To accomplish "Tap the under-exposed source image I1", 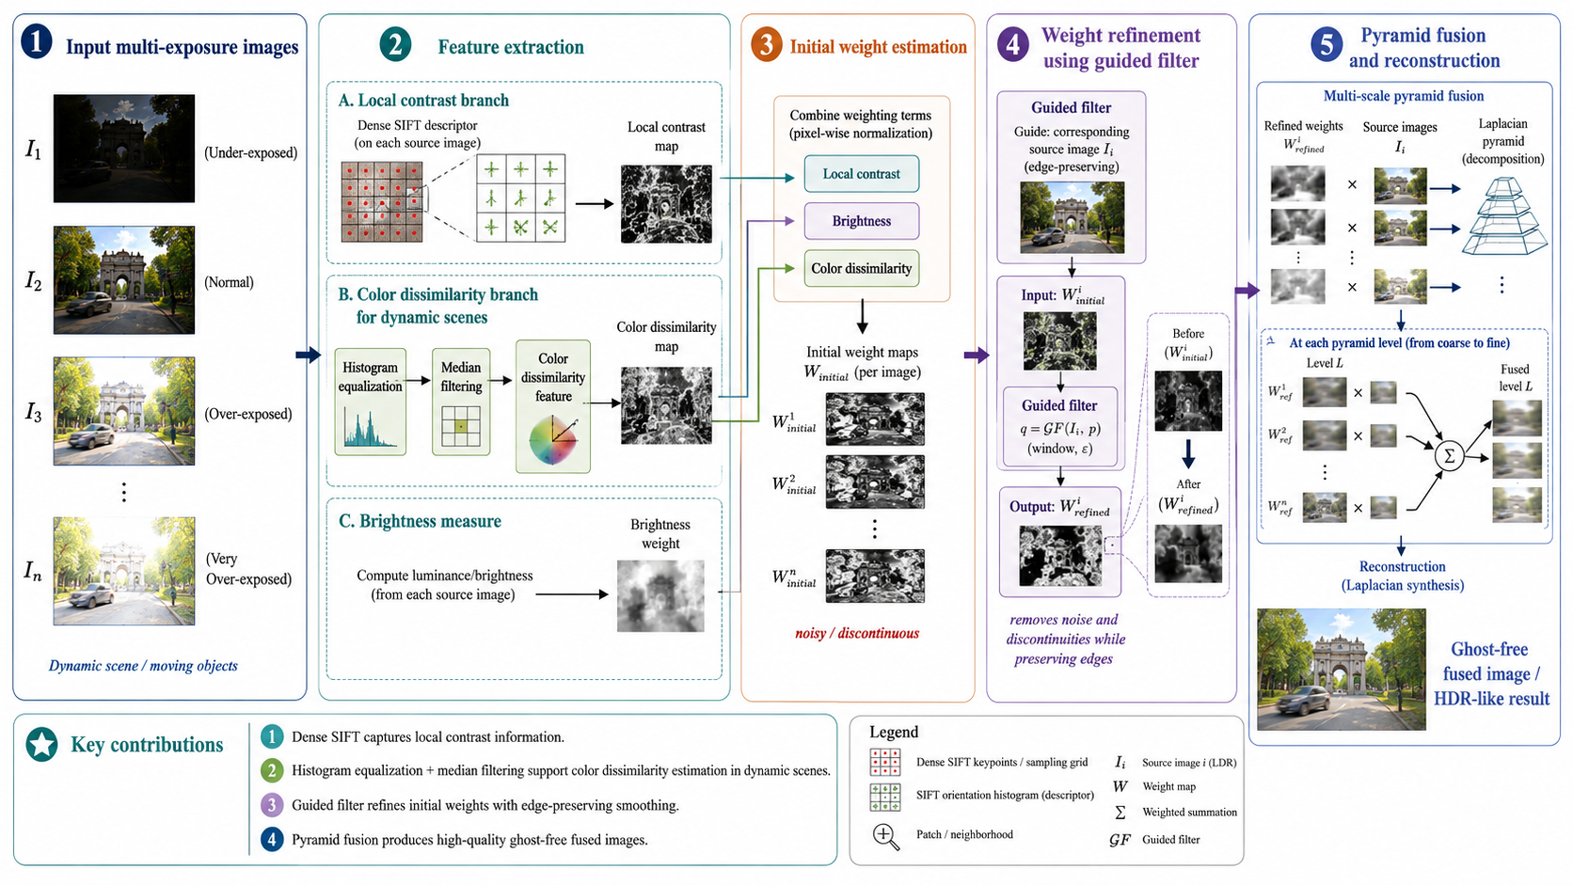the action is click(124, 149).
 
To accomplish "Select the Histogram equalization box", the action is click(370, 402).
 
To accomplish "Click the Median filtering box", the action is click(461, 402).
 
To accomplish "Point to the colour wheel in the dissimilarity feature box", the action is click(553, 440).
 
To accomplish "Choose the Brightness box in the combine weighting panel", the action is click(861, 221).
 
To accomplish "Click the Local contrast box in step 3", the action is click(861, 174).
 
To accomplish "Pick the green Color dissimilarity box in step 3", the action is click(861, 268).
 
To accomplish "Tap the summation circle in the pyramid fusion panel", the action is click(1449, 456).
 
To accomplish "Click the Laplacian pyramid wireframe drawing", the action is click(1504, 216).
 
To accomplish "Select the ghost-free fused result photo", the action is click(1342, 670).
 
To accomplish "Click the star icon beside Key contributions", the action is click(42, 745).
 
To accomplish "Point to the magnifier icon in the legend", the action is click(885, 837).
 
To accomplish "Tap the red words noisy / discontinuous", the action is click(857, 633).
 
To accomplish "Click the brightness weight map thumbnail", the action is click(660, 596).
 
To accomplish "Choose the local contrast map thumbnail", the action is click(666, 204).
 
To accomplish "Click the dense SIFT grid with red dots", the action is click(382, 202).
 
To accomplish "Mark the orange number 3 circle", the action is click(766, 45).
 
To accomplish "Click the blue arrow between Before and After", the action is click(1188, 454).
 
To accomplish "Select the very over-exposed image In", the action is click(124, 571).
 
